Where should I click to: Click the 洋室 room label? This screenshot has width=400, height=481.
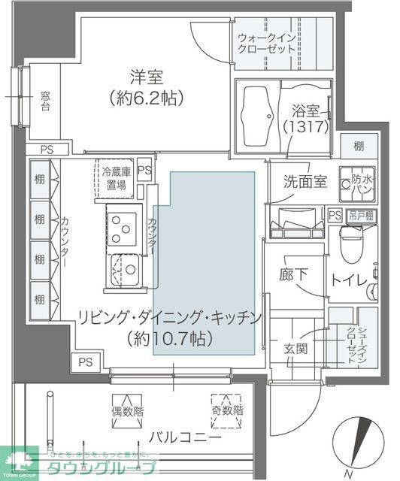pyautogui.click(x=146, y=77)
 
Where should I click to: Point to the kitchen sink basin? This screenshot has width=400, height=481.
pyautogui.click(x=123, y=269)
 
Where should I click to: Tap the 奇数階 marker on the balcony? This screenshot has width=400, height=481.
pyautogui.click(x=226, y=410)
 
